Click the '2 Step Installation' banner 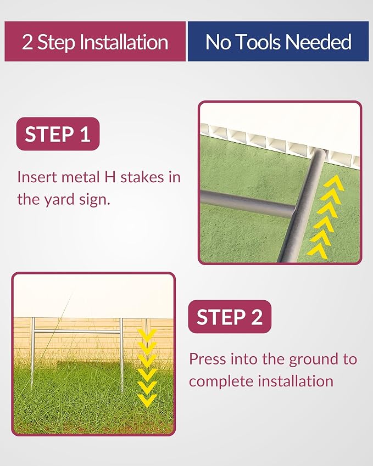95,41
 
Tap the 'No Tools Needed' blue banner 278,41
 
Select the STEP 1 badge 58,134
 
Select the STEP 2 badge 230,317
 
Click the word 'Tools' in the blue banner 259,42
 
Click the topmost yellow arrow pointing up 334,182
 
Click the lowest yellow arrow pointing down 148,401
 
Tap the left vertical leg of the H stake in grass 33,353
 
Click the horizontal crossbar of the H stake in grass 77,331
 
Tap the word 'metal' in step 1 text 80,177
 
